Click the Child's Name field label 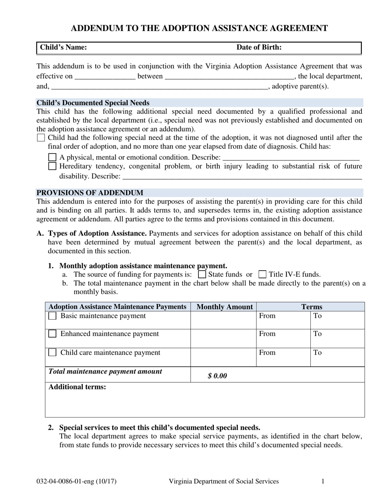[x=63, y=47]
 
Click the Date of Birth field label [x=259, y=47]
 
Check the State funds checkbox [x=202, y=274]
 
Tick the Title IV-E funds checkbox [x=263, y=274]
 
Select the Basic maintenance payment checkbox [x=52, y=316]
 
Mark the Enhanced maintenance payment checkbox [x=52, y=334]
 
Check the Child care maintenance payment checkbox [x=52, y=352]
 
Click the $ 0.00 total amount [x=217, y=376]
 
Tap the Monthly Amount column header [x=225, y=307]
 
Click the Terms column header [x=312, y=307]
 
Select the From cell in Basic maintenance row [x=283, y=320]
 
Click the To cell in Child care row [x=337, y=357]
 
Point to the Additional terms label [x=77, y=387]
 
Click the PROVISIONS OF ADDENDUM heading [x=90, y=193]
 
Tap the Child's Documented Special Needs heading [x=93, y=103]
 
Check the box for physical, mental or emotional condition [x=52, y=157]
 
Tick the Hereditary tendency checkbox [x=52, y=166]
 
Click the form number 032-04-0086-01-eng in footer [x=76, y=481]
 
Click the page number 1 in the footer [x=323, y=481]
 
